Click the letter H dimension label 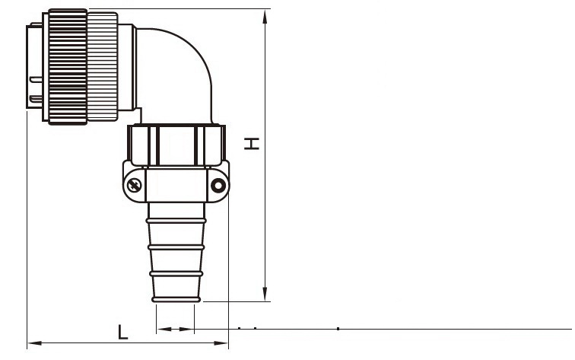click(252, 144)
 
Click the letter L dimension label click(123, 332)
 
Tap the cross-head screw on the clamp click(134, 185)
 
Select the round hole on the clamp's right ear click(218, 185)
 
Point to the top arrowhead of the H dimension click(265, 17)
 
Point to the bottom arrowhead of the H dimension click(265, 295)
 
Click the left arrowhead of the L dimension click(35, 343)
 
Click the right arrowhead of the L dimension click(221, 343)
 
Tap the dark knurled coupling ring click(68, 67)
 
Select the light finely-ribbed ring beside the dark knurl click(103, 67)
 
